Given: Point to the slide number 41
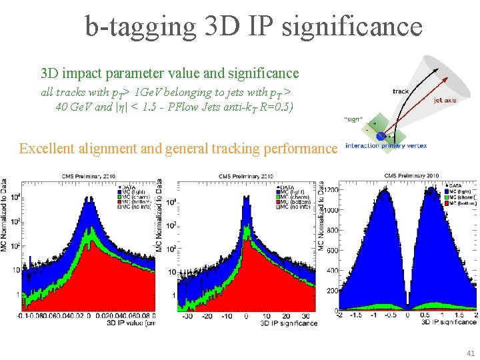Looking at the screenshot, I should tap(471, 353).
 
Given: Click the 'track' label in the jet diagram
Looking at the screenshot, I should tap(401, 91).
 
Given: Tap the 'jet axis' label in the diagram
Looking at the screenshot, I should tap(445, 101).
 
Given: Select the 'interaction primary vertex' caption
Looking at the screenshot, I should tap(387, 145).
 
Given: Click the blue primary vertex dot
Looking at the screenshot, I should tap(380, 136).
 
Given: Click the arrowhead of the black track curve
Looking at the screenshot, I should tap(435, 68).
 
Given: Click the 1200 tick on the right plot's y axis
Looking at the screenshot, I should tap(330, 189).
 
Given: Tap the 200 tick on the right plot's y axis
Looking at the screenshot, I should tap(331, 291).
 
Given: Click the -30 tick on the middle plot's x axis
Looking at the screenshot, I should tap(189, 316).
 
